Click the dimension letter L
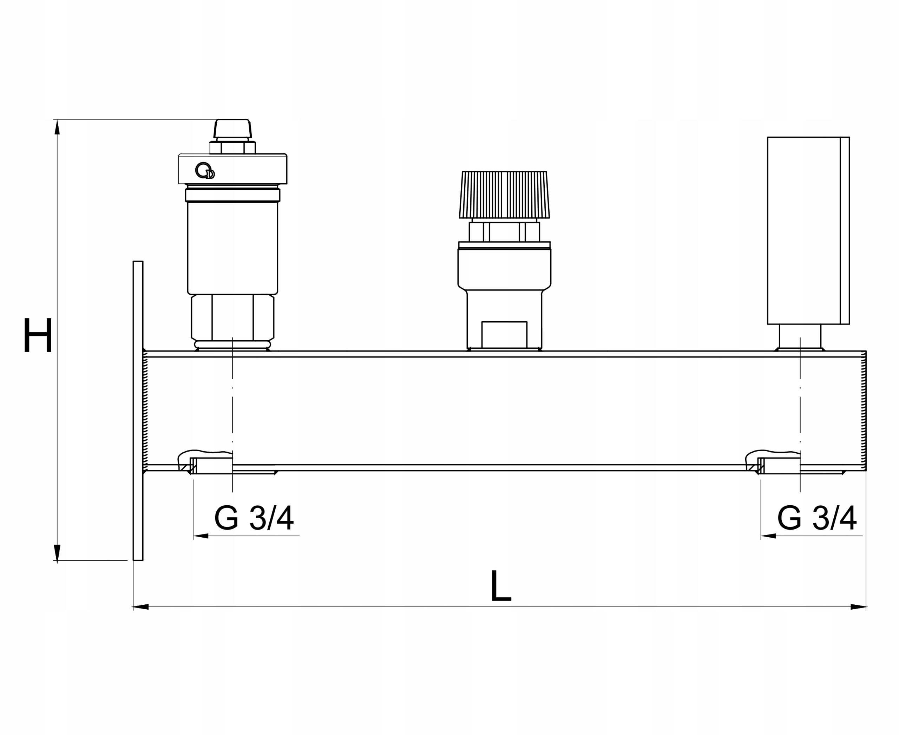(501, 586)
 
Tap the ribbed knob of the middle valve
(504, 195)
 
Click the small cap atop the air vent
(232, 128)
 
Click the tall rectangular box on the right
(808, 231)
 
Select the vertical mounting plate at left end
(138, 411)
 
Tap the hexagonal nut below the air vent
(232, 318)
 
